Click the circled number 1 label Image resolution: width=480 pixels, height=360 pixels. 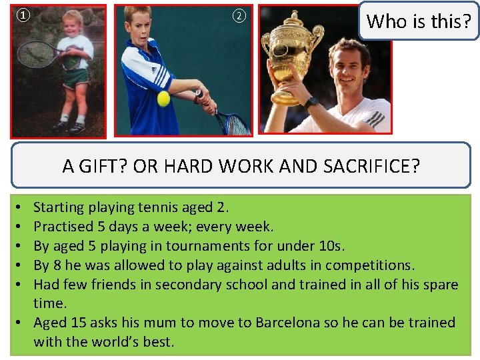coord(23,15)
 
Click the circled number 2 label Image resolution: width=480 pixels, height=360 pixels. coord(239,16)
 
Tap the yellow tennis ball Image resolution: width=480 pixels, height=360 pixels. coord(163,99)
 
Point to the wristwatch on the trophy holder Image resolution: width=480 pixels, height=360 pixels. coord(311,103)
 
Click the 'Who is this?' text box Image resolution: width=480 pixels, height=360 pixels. coord(419,21)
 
